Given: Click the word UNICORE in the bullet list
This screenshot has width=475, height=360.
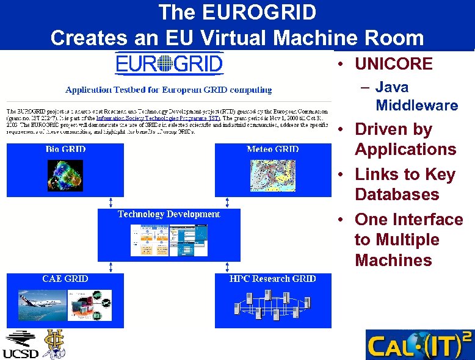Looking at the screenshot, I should (393, 63).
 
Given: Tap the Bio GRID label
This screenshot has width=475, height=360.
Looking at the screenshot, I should (65, 149).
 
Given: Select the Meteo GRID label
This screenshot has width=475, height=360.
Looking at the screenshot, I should (272, 149).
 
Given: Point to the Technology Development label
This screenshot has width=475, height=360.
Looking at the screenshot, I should (169, 214).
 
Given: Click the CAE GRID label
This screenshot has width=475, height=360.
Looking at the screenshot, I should (65, 279).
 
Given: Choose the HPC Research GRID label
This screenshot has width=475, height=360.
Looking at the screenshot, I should (272, 279).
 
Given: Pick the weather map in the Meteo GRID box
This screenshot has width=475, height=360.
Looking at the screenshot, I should (273, 174).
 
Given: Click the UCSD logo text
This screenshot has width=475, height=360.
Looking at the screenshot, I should (20, 353).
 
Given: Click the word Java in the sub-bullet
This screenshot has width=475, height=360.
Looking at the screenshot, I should (392, 87).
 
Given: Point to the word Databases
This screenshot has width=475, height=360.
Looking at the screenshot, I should (397, 195).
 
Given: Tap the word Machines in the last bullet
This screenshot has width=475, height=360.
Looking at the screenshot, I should (393, 261).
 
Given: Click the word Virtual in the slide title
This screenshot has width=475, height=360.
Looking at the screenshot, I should (231, 38).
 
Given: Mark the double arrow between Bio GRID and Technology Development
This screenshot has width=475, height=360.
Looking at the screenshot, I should (111, 202).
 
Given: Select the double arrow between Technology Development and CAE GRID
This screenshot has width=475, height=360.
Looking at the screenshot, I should (111, 267).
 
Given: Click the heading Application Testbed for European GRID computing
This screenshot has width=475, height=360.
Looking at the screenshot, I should (169, 90).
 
